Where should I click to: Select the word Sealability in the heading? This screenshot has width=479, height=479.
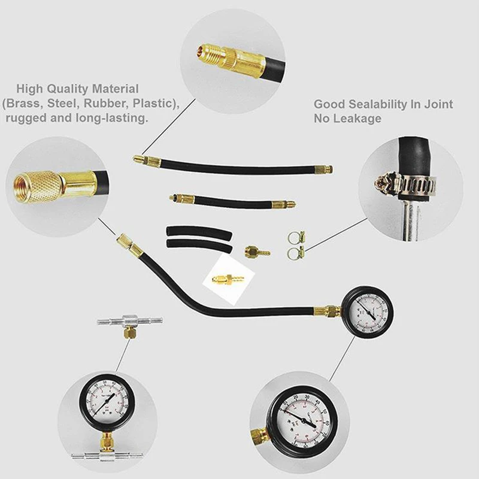(x=376, y=104)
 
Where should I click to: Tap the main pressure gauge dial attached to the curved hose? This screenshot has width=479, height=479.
(x=365, y=310)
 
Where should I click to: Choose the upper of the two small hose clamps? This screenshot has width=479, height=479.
(x=297, y=237)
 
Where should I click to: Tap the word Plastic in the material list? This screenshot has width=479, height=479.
(x=155, y=104)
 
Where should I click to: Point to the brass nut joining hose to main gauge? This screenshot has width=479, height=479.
(x=329, y=311)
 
